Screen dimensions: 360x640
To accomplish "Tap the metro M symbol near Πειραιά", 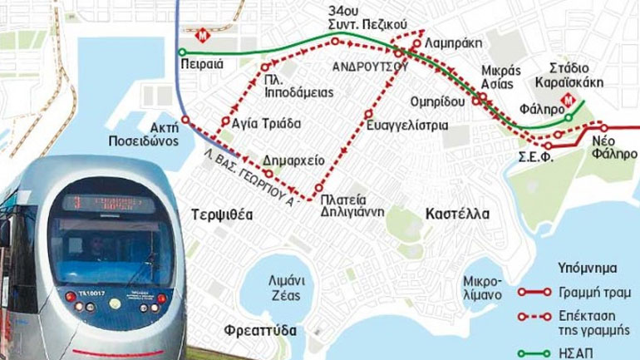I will tap(204, 36).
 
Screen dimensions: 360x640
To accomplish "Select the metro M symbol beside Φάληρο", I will tap(569, 100).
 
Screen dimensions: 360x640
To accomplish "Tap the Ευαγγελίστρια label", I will tap(406, 126).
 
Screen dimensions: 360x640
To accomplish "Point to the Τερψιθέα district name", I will tap(220, 214).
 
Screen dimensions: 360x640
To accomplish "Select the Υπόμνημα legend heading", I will tap(586, 269).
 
